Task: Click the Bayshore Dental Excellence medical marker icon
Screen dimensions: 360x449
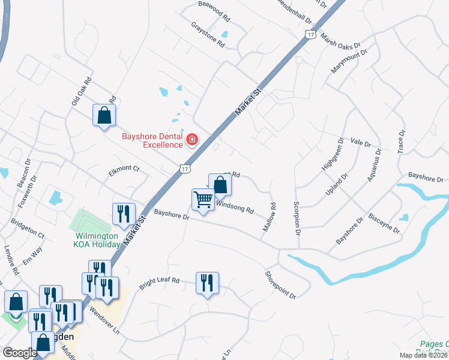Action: (192, 140)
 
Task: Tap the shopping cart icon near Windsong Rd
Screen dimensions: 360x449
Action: (203, 199)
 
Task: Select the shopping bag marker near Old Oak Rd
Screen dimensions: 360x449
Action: (104, 115)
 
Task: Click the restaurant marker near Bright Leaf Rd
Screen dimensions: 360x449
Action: (207, 283)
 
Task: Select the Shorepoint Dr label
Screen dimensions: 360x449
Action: (281, 284)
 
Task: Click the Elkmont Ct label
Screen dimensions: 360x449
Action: (124, 169)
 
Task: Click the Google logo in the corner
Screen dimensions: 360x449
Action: (20, 353)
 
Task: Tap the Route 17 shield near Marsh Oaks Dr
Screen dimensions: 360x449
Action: (310, 35)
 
